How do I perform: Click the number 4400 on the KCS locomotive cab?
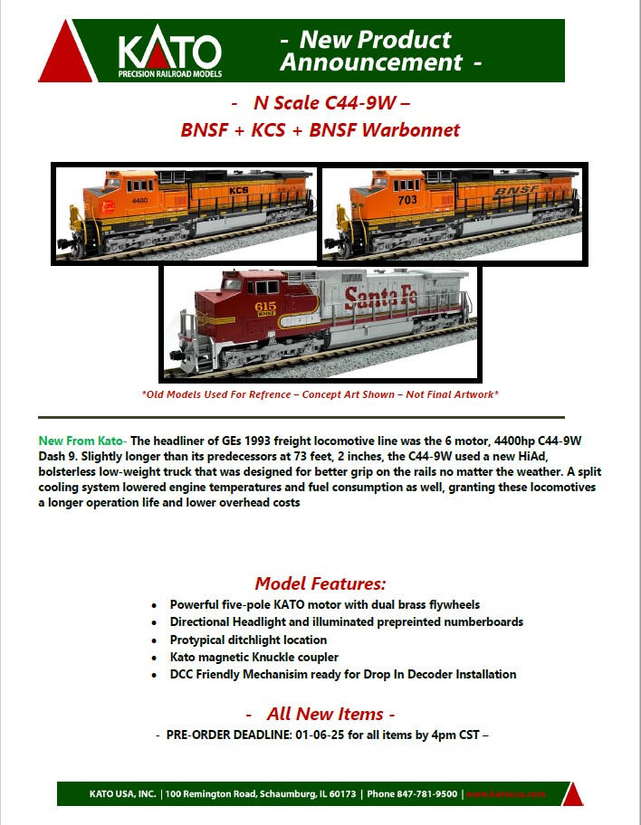point(139,201)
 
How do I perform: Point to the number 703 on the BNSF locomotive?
point(407,200)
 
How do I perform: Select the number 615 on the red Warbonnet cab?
point(265,307)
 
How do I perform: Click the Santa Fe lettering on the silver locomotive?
point(380,298)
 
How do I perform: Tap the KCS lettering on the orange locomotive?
point(238,190)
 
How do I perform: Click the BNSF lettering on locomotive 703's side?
point(516,192)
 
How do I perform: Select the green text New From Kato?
point(81,441)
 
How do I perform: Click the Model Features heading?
point(320,583)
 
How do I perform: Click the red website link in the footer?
point(505,794)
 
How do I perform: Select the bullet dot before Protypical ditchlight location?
point(154,640)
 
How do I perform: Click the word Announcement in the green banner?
point(371,62)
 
